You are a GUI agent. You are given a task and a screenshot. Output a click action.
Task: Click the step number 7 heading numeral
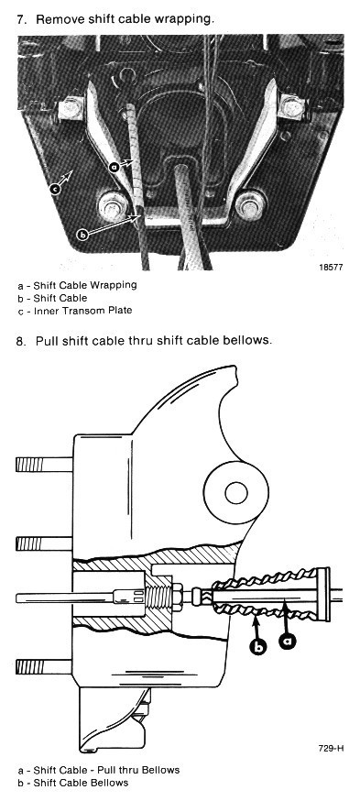(21, 20)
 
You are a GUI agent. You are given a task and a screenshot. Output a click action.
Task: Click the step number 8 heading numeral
(20, 341)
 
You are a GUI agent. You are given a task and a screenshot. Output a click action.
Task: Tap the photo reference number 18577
(331, 268)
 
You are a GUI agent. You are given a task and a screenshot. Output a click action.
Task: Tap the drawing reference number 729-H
(331, 749)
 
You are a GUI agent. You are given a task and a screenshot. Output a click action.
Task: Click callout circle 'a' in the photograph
(115, 167)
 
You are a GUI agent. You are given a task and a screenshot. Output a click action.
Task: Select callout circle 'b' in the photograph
(82, 235)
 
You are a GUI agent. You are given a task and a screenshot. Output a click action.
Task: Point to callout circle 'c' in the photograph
(56, 190)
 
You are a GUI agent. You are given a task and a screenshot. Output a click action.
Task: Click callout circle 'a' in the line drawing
(288, 640)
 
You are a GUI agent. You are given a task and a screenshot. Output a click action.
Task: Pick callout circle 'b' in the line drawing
(259, 646)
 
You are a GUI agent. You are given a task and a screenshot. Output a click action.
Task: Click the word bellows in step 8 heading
(248, 340)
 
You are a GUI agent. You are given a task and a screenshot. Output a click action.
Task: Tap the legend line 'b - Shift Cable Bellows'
(73, 783)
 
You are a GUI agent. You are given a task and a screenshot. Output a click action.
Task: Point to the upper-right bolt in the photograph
(292, 107)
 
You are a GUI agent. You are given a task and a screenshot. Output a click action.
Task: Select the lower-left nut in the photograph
(113, 206)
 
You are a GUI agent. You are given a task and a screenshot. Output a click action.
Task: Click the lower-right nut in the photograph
(251, 205)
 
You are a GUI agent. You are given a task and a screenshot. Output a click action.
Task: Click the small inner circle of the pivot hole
(236, 493)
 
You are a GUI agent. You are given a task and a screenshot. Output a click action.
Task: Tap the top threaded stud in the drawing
(45, 465)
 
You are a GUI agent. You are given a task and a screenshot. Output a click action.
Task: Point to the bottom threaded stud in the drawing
(45, 666)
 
